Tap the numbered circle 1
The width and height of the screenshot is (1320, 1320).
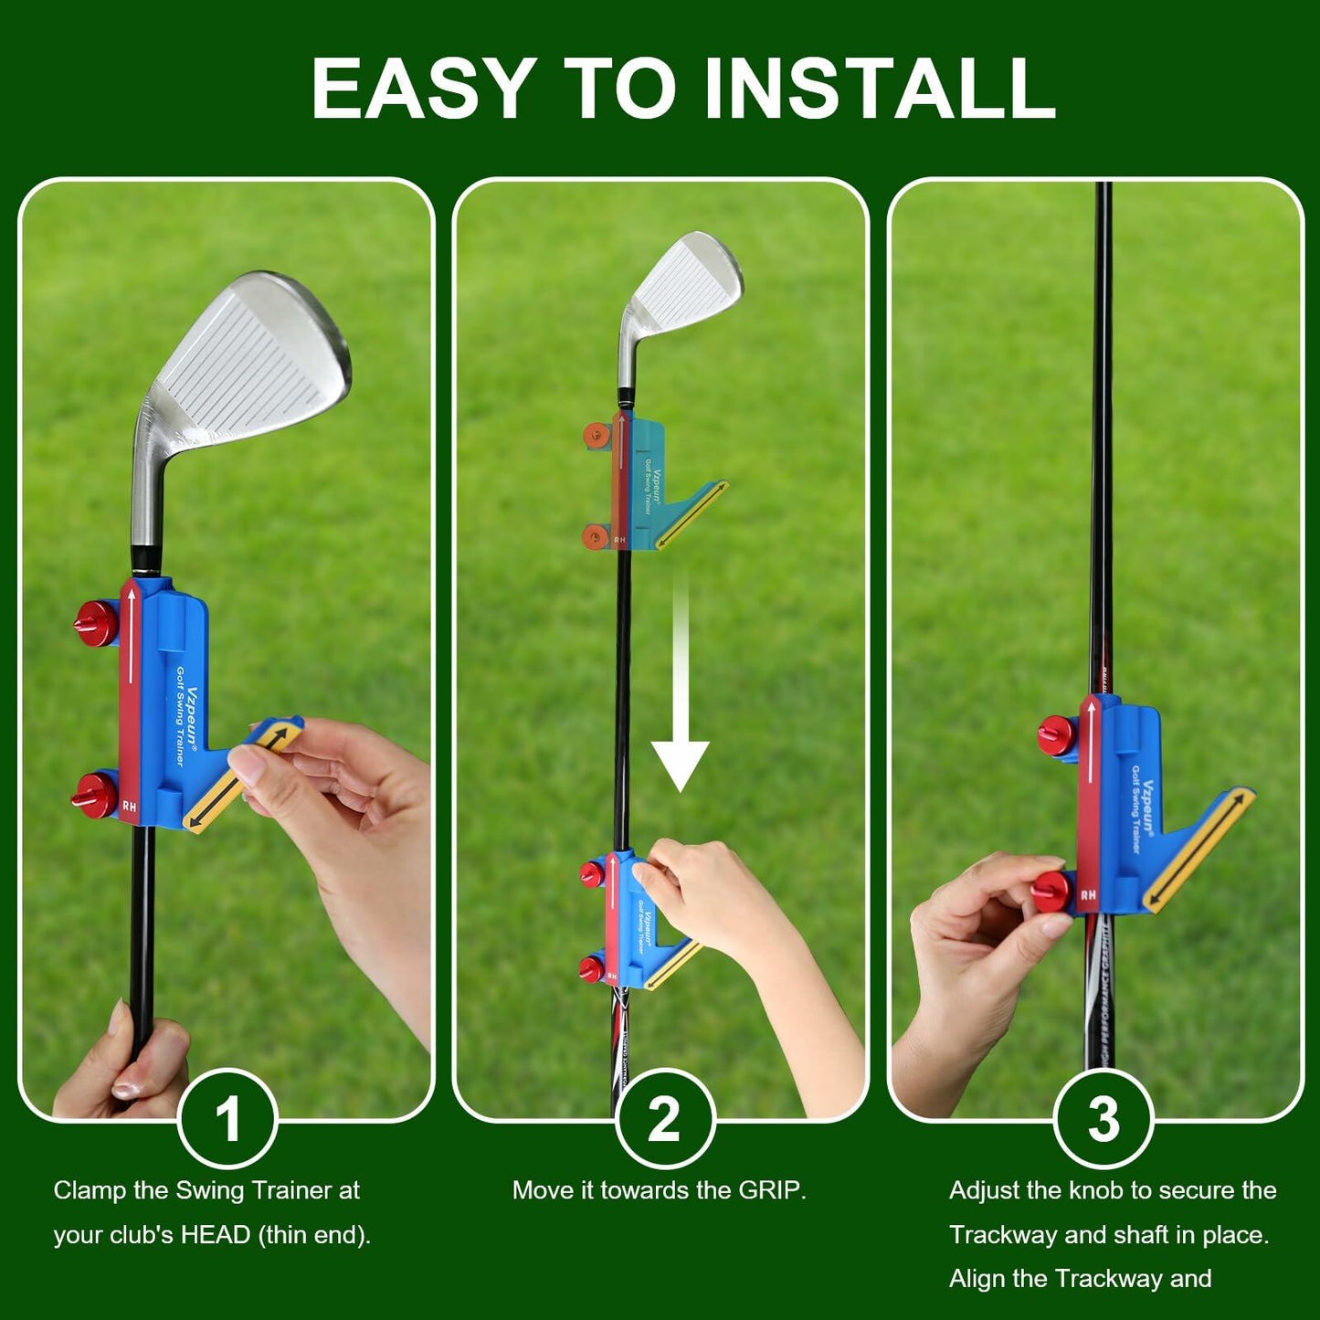[x=227, y=1118]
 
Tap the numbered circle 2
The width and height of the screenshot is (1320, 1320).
[x=664, y=1118]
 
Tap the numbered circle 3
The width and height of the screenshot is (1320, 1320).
[x=1103, y=1118]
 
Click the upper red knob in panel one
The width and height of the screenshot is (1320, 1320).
[x=96, y=622]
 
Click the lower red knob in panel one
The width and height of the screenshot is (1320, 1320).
[x=94, y=794]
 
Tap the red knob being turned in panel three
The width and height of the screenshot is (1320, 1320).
[x=1051, y=892]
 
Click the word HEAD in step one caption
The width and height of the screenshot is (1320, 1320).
[x=215, y=1235]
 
